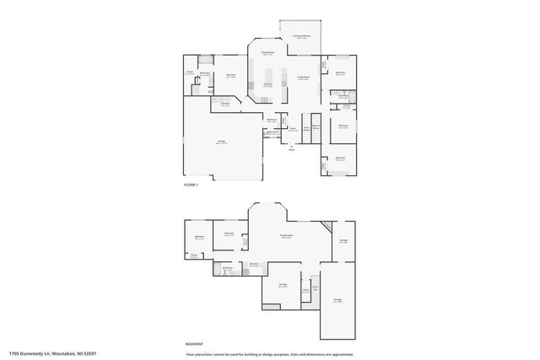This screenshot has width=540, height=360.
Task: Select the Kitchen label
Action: click(x=267, y=83)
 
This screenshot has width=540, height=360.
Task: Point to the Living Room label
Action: click(x=302, y=78)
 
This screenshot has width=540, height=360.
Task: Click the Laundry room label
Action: click(x=225, y=105)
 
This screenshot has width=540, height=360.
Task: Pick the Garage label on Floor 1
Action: click(x=221, y=141)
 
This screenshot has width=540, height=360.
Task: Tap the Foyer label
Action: click(x=293, y=129)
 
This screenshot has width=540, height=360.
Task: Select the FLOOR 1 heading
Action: click(x=191, y=185)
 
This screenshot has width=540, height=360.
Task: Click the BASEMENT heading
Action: click(x=194, y=344)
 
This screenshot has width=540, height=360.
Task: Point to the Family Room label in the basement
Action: click(x=287, y=235)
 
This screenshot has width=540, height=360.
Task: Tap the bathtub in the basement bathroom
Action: click(x=217, y=270)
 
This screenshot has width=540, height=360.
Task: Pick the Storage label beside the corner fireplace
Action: click(x=343, y=241)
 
